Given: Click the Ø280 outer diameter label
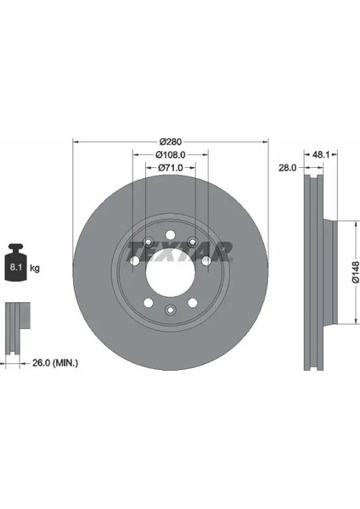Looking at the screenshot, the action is (171, 142).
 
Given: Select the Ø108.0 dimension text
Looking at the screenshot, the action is (171, 155).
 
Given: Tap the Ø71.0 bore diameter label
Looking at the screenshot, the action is (171, 167).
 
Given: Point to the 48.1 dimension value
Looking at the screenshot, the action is (321, 155).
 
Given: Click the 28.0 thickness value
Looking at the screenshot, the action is (288, 167).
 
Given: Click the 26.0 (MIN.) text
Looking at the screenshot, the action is (55, 362).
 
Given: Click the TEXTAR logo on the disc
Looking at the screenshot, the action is (180, 251).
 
